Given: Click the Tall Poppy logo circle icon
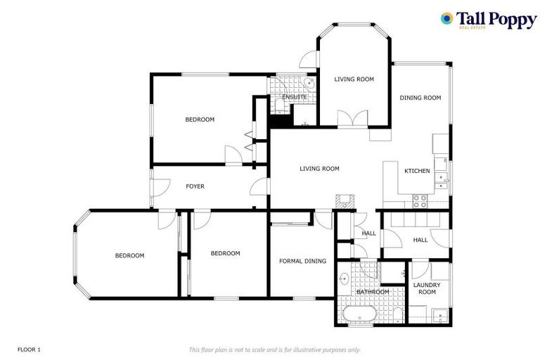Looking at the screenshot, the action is tap(446, 18).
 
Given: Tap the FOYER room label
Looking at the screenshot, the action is tap(195, 186).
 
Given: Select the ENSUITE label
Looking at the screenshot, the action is tap(295, 97).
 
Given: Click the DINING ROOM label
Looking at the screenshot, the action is tap(420, 98).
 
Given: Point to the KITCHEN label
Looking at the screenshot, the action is tap(417, 171).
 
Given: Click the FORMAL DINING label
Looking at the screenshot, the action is tap(303, 261).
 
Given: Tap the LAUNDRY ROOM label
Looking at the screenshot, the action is tap(427, 288).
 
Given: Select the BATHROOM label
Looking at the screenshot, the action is tap(373, 292).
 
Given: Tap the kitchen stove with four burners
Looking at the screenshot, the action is tap(420, 201).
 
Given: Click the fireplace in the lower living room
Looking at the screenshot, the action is tap(345, 201).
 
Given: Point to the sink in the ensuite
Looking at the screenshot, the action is tap(309, 83).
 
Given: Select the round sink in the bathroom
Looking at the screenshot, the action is tap(344, 278).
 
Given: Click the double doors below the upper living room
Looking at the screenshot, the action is tap(353, 119).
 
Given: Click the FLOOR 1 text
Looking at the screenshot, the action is tap(29, 349).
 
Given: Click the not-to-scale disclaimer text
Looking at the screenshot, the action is tap(275, 350).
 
